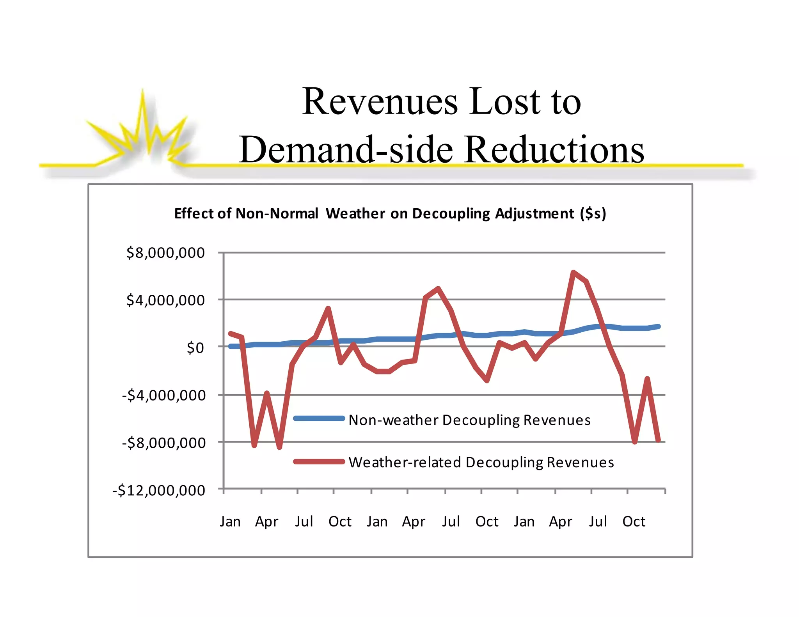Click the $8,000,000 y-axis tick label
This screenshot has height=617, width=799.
pos(165,253)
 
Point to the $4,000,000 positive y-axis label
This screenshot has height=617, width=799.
pos(165,300)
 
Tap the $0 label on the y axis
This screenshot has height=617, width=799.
pos(195,348)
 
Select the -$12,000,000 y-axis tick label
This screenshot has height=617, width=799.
pos(159,490)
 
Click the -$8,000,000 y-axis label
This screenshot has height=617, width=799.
pos(164,443)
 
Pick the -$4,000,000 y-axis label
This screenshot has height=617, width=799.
pos(164,395)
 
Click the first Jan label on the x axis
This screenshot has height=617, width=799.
pos(230,521)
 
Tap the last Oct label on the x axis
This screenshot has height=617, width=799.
pos(634,521)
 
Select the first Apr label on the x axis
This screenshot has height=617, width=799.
pos(266,522)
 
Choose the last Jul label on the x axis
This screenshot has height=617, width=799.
pos(598,521)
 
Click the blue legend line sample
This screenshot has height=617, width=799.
pos(319,418)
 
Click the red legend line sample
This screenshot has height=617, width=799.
pos(319,462)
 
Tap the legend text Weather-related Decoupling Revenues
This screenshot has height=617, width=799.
pos(481,462)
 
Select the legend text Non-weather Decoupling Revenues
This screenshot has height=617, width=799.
pos(469,420)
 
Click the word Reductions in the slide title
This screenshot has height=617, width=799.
pos(554,150)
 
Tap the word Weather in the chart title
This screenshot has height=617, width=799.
pos(355,214)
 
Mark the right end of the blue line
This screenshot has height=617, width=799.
pos(659,326)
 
